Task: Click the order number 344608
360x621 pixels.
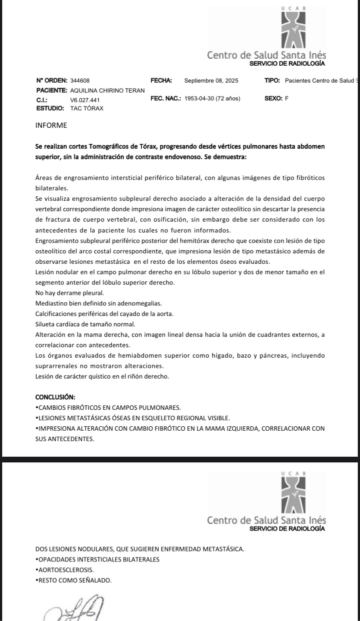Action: point(80,81)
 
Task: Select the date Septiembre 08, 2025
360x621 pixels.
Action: point(211,81)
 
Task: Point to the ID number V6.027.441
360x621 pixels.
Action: point(85,100)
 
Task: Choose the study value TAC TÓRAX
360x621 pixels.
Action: point(87,108)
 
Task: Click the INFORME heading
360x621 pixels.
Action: point(51,126)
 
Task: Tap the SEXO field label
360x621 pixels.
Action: point(273,99)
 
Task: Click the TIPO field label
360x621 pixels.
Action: point(272,81)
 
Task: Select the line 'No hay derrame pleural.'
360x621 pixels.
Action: point(66,293)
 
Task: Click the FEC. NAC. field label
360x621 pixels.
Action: point(165,99)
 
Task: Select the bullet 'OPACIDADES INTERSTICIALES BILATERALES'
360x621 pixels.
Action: point(98,559)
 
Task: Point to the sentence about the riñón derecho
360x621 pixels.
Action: point(102,376)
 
